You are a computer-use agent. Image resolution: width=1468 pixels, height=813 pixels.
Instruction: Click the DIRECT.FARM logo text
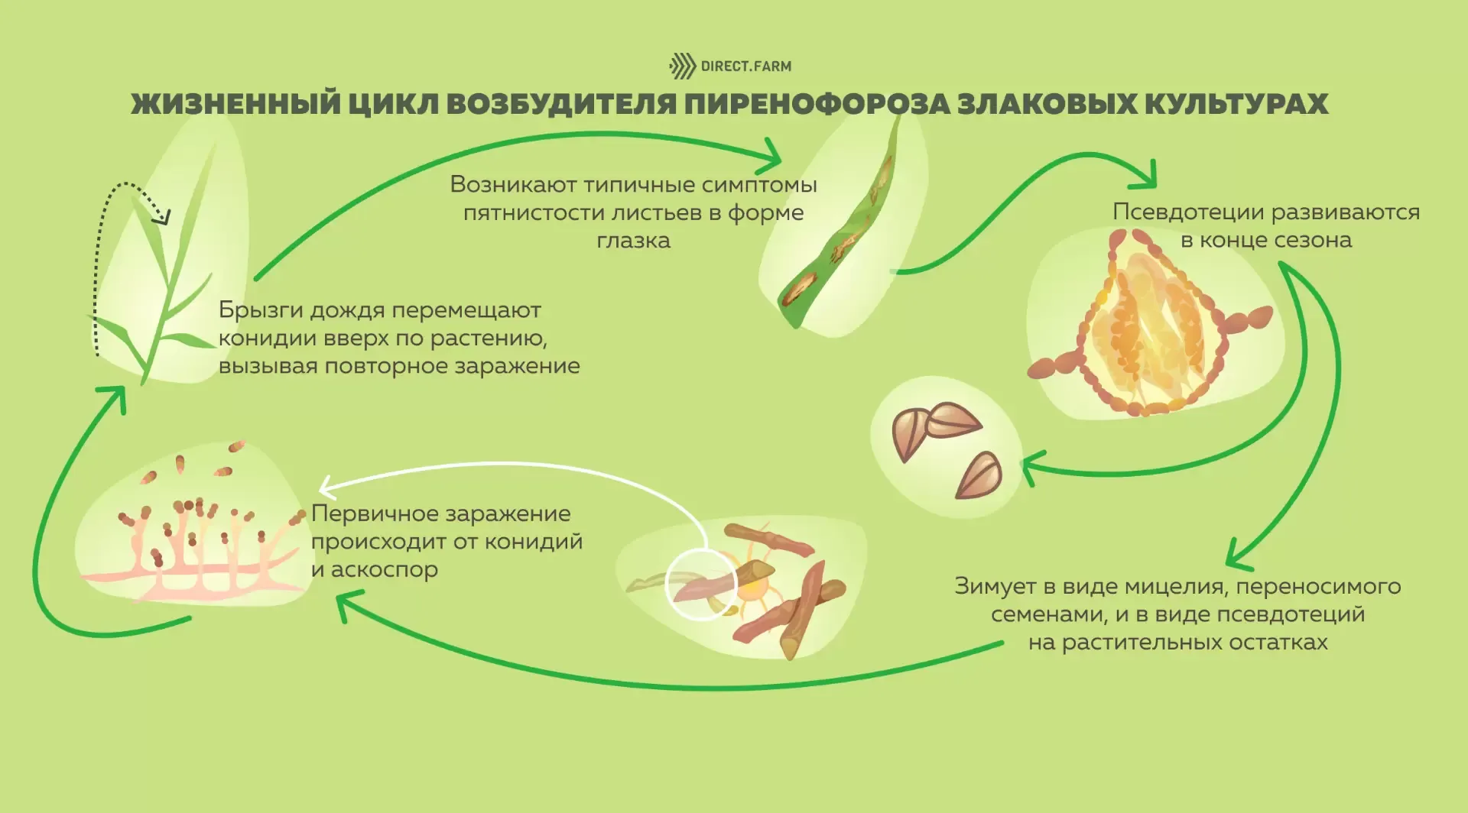pos(746,66)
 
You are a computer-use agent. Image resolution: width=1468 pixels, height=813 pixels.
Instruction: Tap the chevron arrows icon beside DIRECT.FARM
pos(683,66)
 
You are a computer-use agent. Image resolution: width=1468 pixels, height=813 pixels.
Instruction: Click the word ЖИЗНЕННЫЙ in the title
pos(235,103)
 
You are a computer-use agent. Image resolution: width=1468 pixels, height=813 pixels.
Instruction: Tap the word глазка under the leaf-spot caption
pos(633,241)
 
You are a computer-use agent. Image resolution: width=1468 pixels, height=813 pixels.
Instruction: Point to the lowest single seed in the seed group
pos(979,475)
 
